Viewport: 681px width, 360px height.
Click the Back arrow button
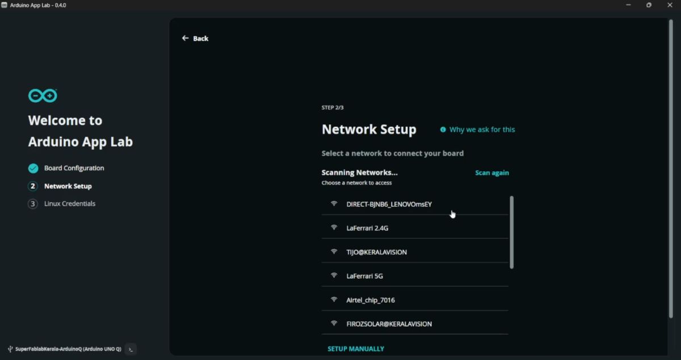pos(195,38)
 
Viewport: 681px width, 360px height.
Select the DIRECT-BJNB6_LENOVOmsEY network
pos(389,204)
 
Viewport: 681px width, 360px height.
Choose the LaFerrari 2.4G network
pos(367,228)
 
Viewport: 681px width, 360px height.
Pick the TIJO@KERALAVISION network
pos(376,252)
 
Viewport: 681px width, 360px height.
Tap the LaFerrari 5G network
pos(364,276)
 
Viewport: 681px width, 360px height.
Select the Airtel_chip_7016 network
pos(370,300)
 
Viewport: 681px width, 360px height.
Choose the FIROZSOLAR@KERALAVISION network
pos(389,324)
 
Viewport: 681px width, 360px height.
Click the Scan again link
pos(491,173)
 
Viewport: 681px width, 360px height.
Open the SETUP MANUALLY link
pos(356,349)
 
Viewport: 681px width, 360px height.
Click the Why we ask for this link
pos(482,129)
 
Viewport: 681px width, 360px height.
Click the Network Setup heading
pos(369,129)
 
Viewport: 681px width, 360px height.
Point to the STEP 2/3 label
pos(333,107)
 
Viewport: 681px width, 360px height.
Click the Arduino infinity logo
pos(43,95)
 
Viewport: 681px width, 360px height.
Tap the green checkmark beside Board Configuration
pos(33,168)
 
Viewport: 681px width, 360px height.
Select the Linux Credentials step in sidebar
pos(69,204)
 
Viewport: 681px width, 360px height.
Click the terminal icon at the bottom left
pos(131,349)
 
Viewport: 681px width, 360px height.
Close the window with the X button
pos(670,5)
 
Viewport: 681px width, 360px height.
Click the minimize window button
pos(628,5)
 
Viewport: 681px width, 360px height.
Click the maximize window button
pos(649,5)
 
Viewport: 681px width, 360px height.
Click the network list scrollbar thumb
pos(511,232)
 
